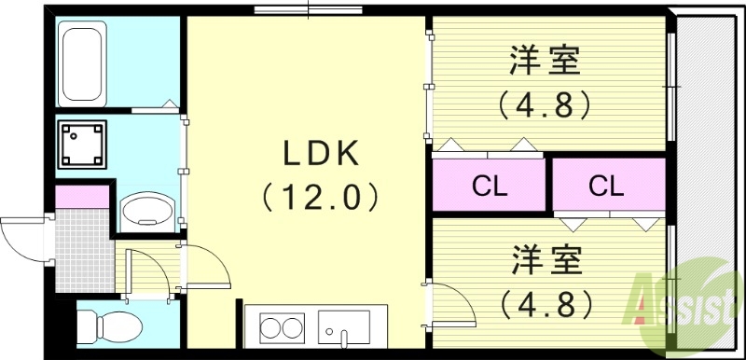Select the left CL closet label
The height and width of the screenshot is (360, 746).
tap(489, 187)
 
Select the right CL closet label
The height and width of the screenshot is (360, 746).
tap(605, 187)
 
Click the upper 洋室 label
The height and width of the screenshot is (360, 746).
tap(546, 62)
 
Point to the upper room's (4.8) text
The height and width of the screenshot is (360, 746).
tap(546, 104)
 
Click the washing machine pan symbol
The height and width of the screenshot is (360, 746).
tap(82, 142)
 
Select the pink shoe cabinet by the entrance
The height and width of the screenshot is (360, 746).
tap(82, 197)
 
